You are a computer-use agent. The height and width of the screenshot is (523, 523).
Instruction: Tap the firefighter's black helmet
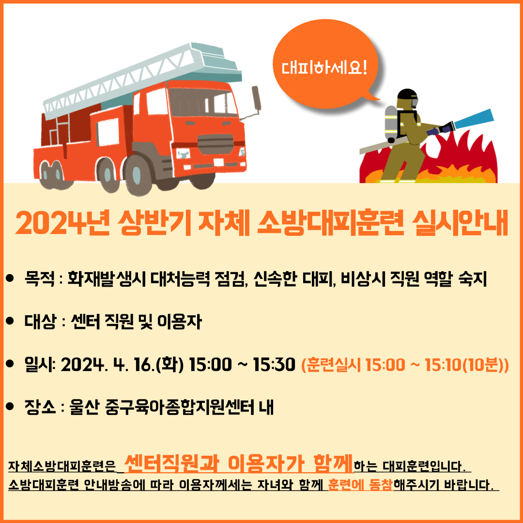(407, 94)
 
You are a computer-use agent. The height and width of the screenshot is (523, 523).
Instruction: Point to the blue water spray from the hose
(474, 119)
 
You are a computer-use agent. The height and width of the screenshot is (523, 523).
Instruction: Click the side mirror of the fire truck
(256, 98)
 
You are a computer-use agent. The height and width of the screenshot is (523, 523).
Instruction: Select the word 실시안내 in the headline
(460, 223)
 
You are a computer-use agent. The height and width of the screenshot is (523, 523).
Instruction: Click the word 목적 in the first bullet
(39, 279)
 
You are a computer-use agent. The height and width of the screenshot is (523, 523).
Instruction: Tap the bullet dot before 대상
(10, 321)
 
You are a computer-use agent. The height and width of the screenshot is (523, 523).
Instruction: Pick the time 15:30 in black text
(274, 364)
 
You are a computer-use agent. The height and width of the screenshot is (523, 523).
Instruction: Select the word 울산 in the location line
(84, 407)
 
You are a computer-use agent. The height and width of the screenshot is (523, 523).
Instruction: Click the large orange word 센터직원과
(171, 463)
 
